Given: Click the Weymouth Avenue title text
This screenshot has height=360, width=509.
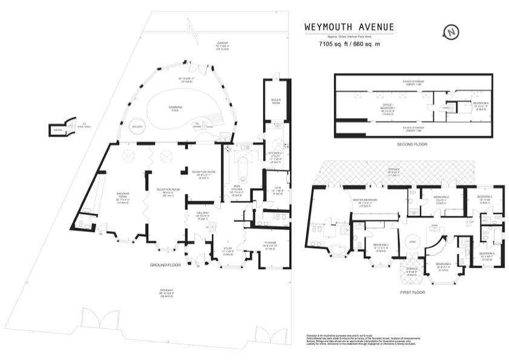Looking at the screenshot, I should click(x=349, y=27).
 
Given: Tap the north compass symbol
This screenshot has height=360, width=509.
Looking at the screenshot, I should click(x=450, y=31).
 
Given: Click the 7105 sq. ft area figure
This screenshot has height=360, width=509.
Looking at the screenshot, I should click(x=349, y=44).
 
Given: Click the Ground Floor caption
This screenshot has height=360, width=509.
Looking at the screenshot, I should click(x=166, y=265).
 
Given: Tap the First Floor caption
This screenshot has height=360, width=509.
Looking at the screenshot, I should click(x=412, y=292).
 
